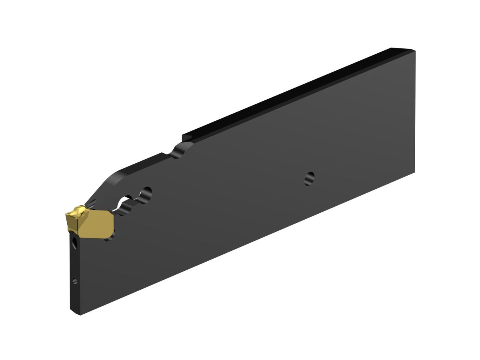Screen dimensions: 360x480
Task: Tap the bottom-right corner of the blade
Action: pyautogui.click(x=414, y=172)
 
